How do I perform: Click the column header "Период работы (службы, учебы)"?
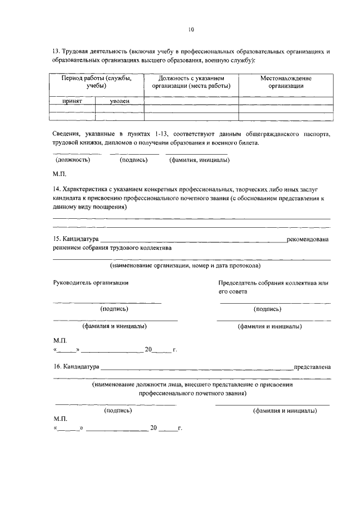coord(97,82)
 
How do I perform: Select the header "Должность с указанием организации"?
coord(191,82)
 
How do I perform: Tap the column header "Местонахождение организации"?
coord(286,82)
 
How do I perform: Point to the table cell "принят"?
coord(73,101)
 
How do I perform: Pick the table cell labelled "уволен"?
coord(119,101)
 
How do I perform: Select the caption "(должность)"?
coord(73,160)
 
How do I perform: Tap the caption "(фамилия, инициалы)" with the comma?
coord(199,160)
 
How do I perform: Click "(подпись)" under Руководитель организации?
coord(114,309)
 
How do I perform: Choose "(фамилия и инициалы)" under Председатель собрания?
coord(269,326)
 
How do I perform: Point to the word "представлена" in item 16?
coord(312,367)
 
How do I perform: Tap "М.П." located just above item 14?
coord(60,174)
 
